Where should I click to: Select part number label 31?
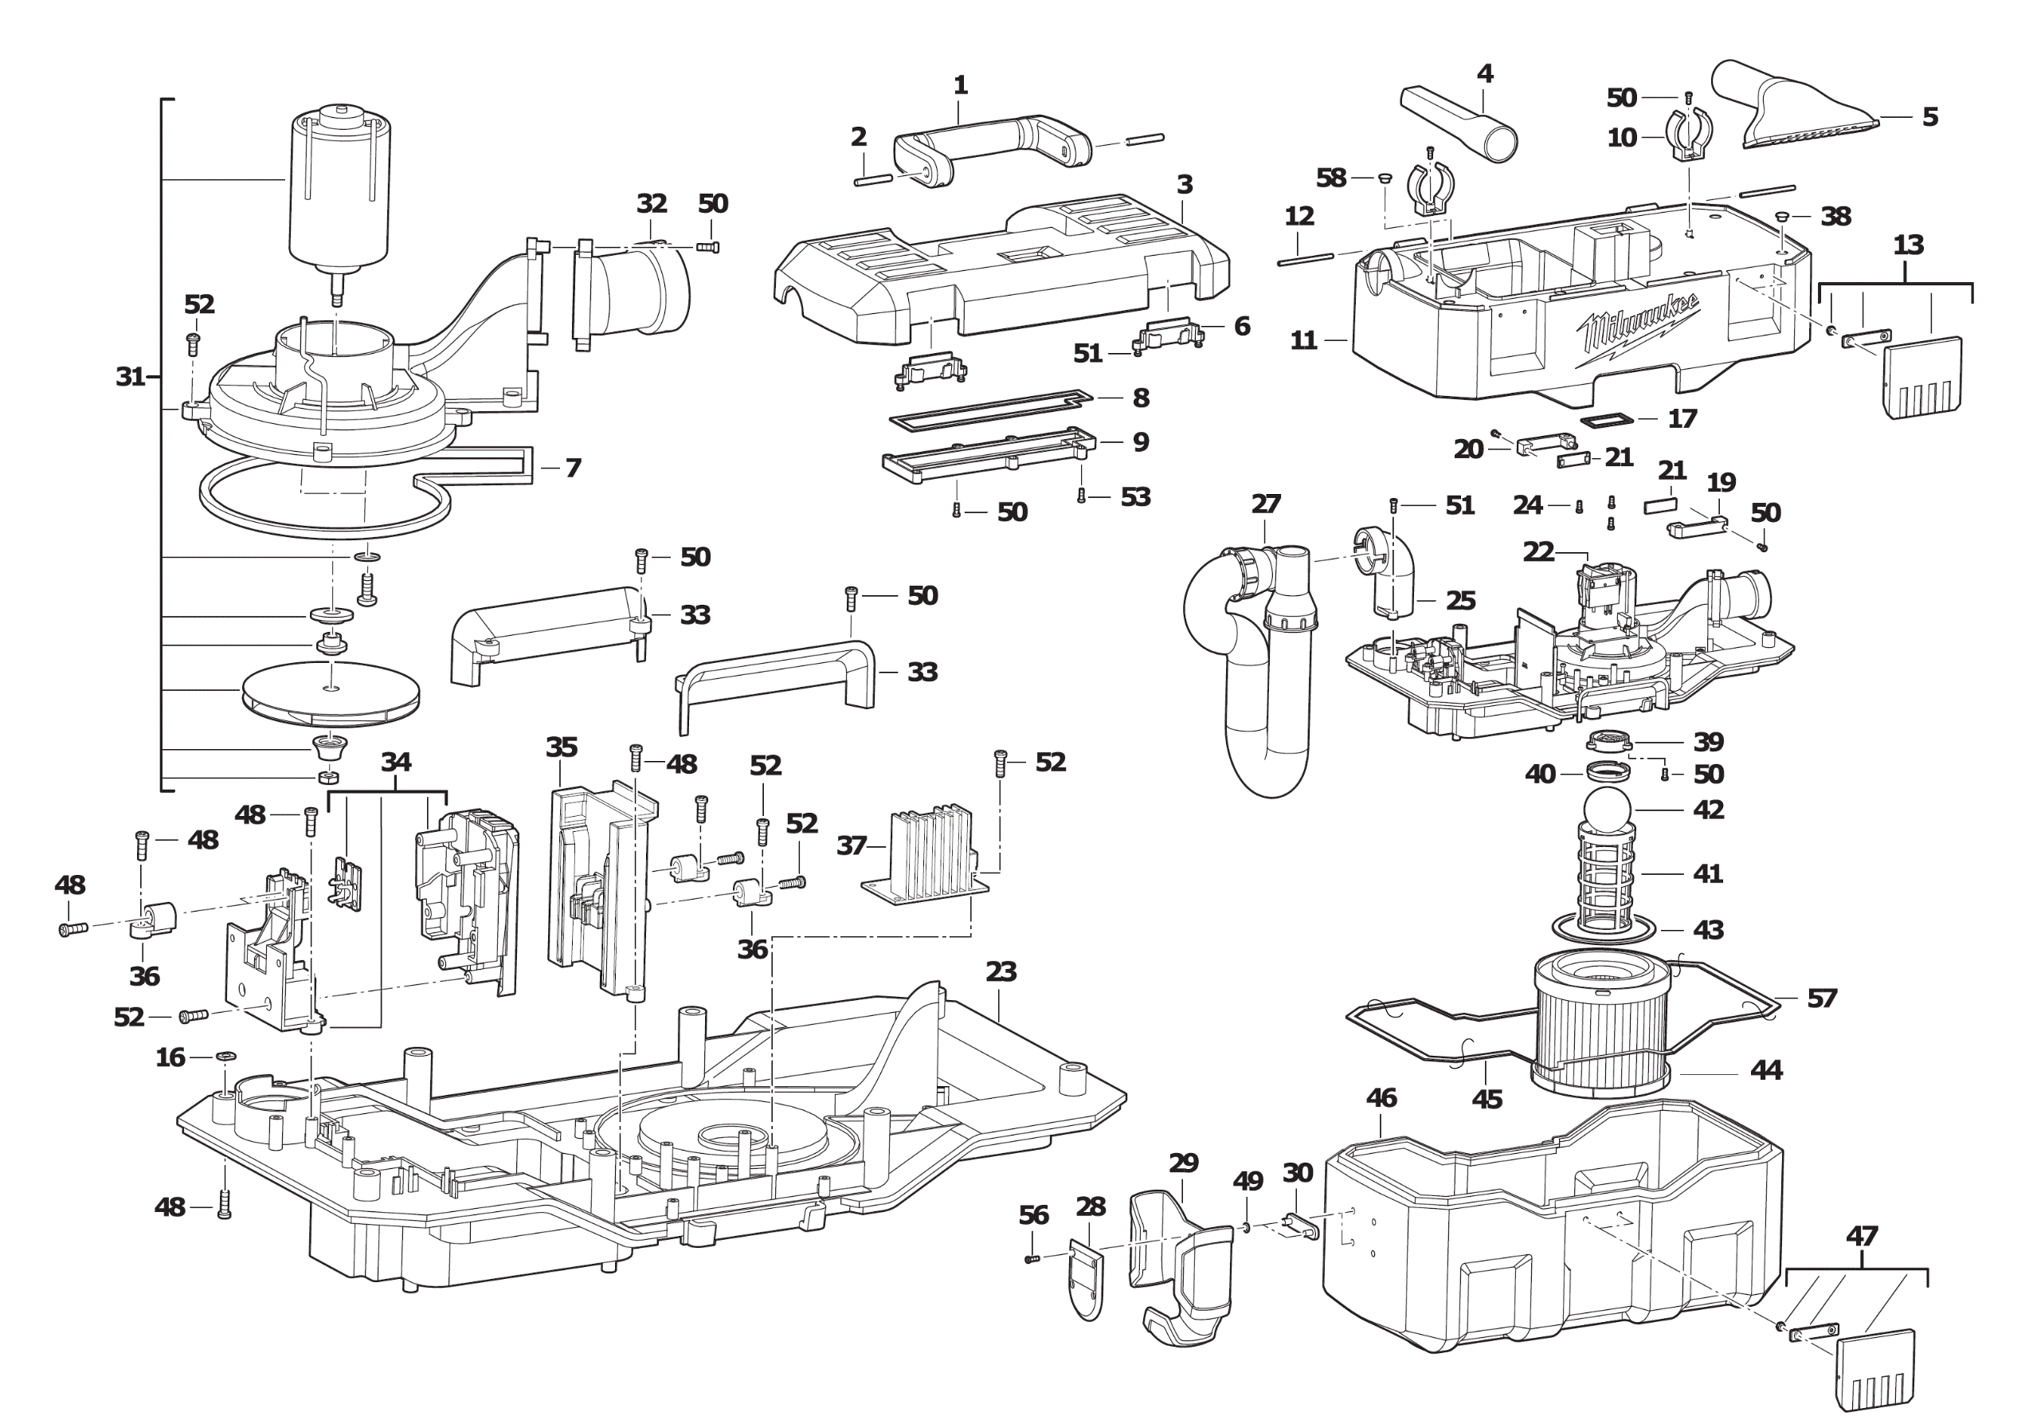[x=130, y=376]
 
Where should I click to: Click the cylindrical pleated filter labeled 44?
[x=1601, y=1027]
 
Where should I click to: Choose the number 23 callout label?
[x=1001, y=971]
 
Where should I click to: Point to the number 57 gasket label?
[x=1821, y=999]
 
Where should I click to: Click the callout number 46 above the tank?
[x=1381, y=1098]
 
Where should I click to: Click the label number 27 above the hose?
[x=1265, y=504]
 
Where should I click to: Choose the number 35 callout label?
[x=562, y=747]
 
